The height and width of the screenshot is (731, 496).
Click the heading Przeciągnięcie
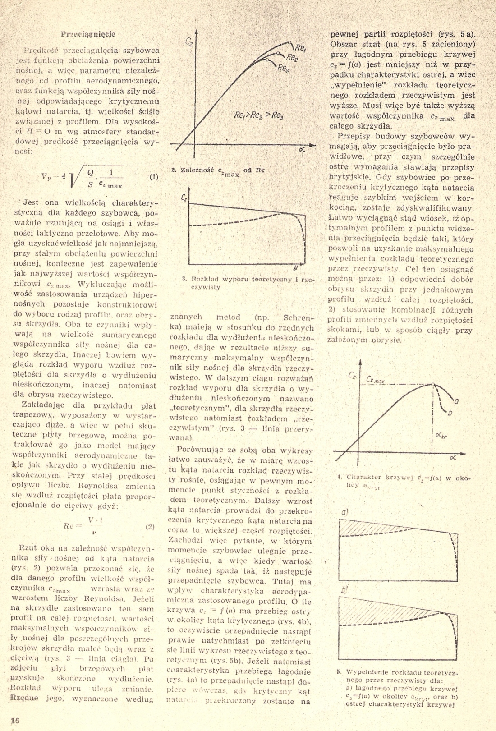click(x=88, y=34)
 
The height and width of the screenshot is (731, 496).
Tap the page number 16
click(x=15, y=720)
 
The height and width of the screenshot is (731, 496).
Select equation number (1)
click(x=154, y=177)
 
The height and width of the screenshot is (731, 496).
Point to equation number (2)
click(x=150, y=526)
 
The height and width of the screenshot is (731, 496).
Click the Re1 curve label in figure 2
click(x=301, y=47)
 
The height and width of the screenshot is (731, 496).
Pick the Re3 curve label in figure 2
click(x=283, y=68)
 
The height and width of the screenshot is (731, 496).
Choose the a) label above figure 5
click(x=345, y=512)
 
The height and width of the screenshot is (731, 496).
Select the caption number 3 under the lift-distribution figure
click(x=184, y=279)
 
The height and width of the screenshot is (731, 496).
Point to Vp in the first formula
click(x=47, y=177)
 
